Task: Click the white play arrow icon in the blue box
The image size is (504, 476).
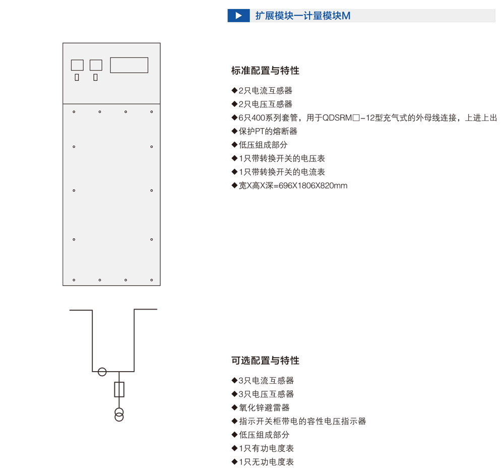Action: coord(238,16)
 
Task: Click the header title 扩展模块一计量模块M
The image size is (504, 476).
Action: coord(303,16)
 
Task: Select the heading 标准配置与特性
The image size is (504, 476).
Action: coord(265,71)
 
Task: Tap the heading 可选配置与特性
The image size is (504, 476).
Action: coord(265,361)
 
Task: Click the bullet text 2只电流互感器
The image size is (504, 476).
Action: coord(265,91)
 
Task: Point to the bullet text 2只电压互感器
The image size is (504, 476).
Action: coord(265,104)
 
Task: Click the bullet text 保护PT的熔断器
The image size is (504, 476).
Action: coord(268,131)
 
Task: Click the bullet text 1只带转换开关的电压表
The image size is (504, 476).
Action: coord(282,158)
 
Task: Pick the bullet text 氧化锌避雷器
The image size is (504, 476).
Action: coord(264,408)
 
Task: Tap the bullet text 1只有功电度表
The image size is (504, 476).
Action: coord(266,448)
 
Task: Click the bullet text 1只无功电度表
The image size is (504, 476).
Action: coord(266,462)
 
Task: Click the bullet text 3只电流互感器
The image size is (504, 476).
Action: coord(266,381)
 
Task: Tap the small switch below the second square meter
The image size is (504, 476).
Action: coord(95,77)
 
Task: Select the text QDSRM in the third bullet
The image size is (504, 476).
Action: coord(337,117)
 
